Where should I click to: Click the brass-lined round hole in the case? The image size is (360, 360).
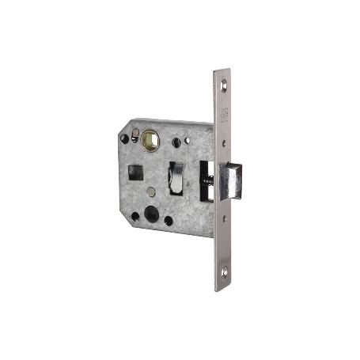point(150,139)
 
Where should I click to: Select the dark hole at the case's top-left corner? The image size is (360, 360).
point(123,138)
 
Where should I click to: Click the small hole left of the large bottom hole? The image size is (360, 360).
point(135,214)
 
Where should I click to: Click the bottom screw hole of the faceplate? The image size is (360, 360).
point(225,274)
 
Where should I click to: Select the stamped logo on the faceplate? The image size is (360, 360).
point(225,111)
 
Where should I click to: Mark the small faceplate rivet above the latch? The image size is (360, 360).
point(225,145)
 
